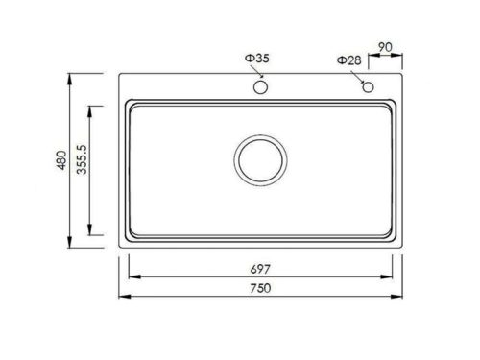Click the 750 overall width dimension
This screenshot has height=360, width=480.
(260, 289)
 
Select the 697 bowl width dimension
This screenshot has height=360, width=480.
(260, 270)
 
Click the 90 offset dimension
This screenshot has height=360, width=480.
(383, 46)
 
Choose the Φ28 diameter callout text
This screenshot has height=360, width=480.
(348, 60)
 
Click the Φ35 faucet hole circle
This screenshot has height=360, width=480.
(260, 87)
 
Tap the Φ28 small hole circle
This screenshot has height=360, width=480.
(367, 87)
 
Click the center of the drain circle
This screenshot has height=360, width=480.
(259, 161)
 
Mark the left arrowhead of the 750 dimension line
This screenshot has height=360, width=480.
(123, 297)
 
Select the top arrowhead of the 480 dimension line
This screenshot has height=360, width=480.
(71, 75)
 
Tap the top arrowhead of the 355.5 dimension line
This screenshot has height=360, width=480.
(91, 108)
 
